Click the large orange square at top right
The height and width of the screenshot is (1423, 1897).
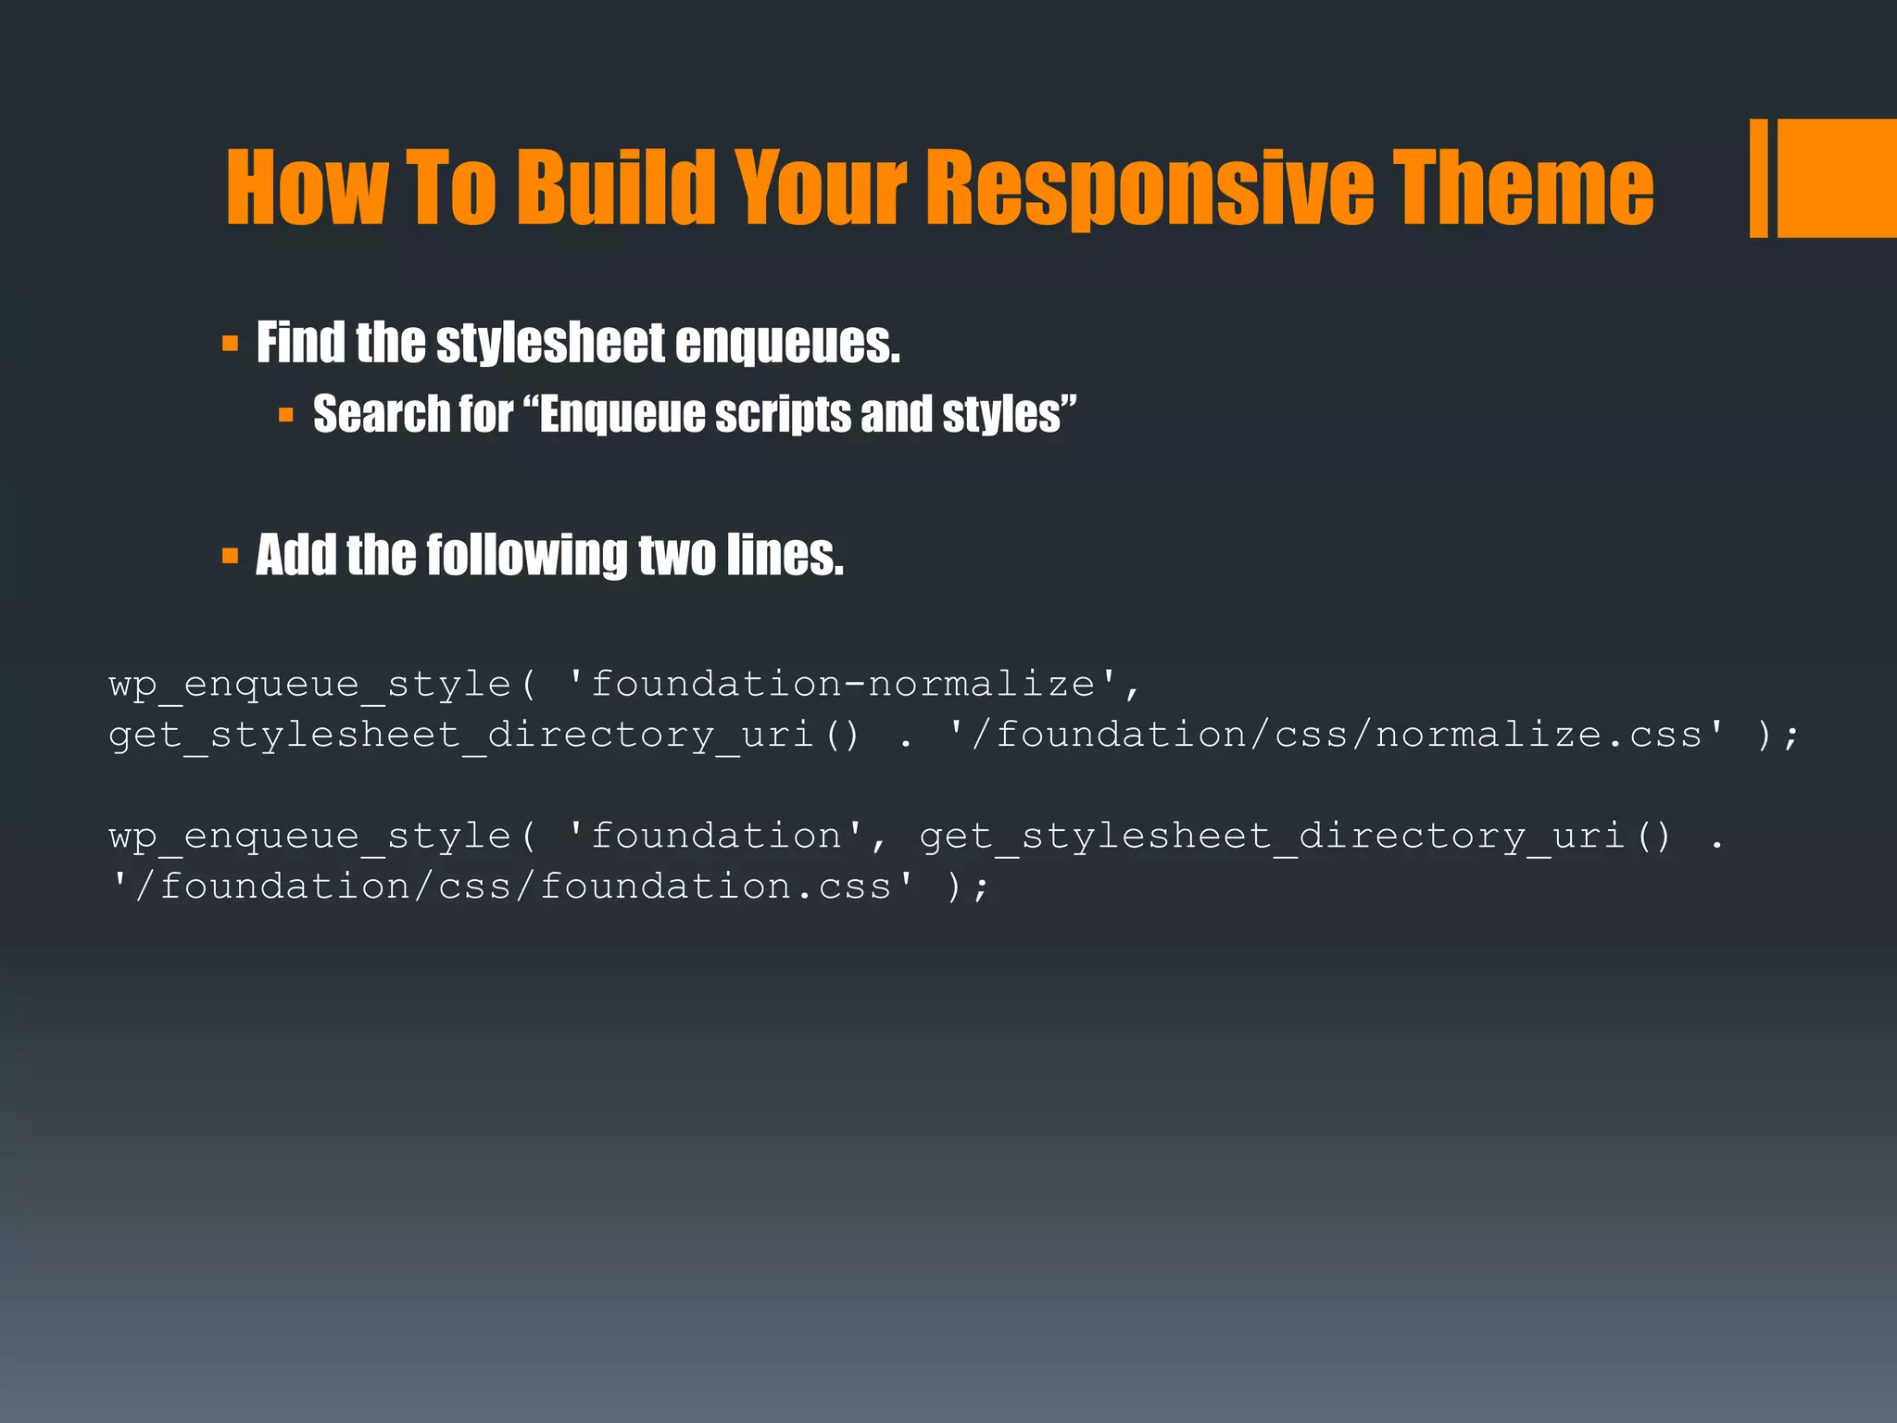click(x=1836, y=178)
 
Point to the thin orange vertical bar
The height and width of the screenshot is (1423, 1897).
click(x=1758, y=178)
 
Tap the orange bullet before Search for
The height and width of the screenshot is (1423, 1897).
click(x=286, y=415)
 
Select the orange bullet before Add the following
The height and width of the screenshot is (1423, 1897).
click(x=231, y=557)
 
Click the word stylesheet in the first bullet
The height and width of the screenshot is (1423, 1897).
click(x=550, y=344)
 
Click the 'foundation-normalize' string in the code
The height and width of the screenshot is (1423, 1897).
click(x=843, y=685)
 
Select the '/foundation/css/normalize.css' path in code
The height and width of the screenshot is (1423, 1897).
click(x=1338, y=736)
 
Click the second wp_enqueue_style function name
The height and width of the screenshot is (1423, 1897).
click(x=310, y=837)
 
